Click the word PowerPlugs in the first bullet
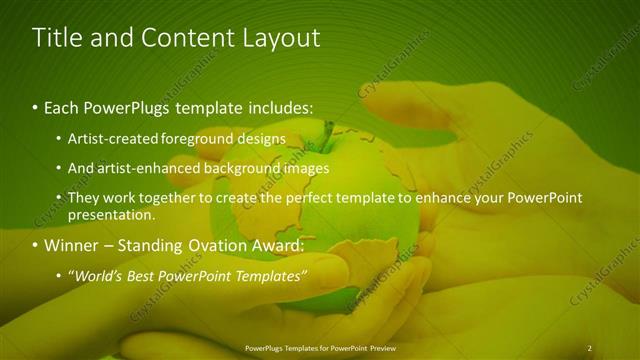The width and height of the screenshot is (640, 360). pyautogui.click(x=127, y=106)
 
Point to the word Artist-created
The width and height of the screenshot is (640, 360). pyautogui.click(x=110, y=138)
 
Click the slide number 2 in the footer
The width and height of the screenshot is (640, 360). pyautogui.click(x=589, y=347)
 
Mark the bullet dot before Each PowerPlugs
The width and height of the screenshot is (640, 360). pyautogui.click(x=36, y=107)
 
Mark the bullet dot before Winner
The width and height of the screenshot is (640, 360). pyautogui.click(x=36, y=246)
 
